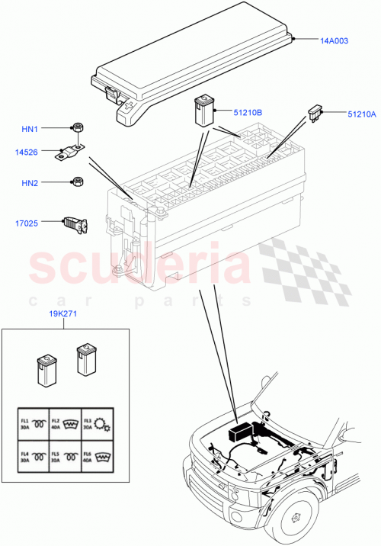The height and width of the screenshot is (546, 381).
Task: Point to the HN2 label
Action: click(x=50, y=182)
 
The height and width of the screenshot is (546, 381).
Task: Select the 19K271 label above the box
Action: click(x=65, y=313)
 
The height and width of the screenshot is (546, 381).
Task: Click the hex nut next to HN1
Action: click(x=78, y=127)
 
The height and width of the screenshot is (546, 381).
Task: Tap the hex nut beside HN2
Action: click(x=77, y=182)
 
